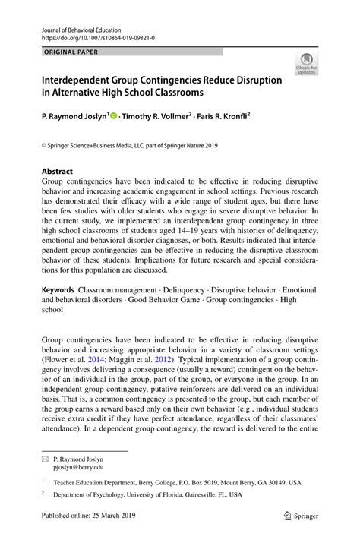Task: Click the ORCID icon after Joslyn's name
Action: pos(114,117)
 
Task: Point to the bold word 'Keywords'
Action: pos(58,290)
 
